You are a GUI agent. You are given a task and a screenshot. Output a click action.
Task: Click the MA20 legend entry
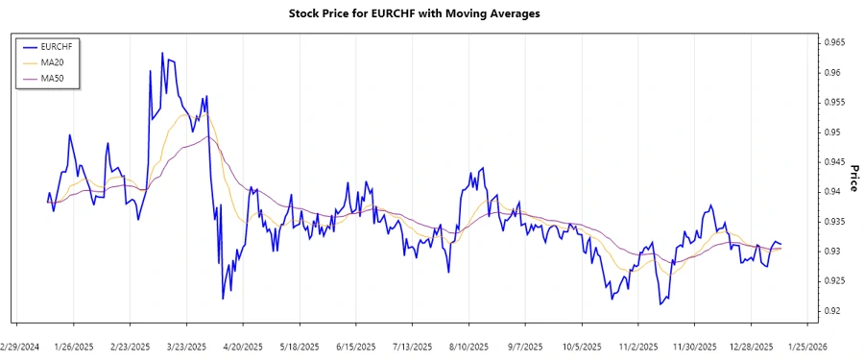coord(52,62)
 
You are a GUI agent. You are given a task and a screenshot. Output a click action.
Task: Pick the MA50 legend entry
coord(52,78)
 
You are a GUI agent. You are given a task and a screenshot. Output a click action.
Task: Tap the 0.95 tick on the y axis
coord(829,132)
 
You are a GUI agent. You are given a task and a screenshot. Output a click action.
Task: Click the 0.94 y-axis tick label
coord(829,192)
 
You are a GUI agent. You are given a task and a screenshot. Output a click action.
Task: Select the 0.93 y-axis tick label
coord(829,252)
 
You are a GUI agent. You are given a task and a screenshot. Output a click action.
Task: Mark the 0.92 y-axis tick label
coord(829,311)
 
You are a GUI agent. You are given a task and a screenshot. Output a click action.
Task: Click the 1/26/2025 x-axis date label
coord(74,347)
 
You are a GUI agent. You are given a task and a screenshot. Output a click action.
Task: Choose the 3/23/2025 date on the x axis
coord(186,347)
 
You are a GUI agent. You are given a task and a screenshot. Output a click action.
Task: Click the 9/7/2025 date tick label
coord(525,347)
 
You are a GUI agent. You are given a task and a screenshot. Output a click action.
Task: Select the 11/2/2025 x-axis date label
coord(637,347)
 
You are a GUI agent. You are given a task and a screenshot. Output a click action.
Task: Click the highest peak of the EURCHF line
coord(162,53)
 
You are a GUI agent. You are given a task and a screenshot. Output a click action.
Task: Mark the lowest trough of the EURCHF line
coord(660,304)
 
